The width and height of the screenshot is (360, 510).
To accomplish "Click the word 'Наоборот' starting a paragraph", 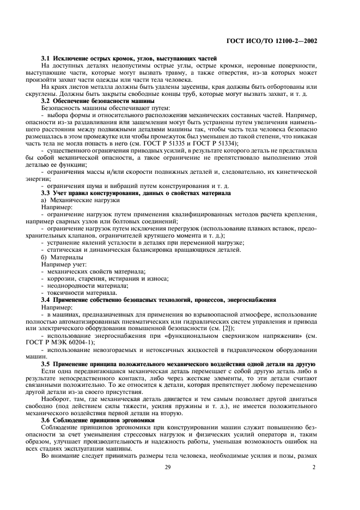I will click(55, 384).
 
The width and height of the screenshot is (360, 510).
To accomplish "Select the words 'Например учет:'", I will click(64, 264).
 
